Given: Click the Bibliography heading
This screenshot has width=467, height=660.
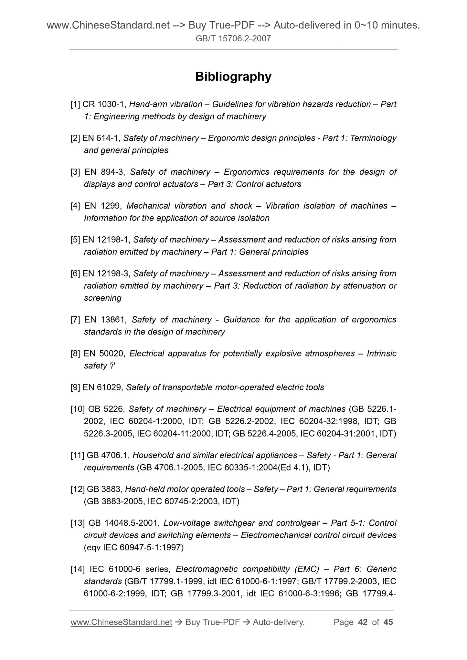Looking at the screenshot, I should (233, 77).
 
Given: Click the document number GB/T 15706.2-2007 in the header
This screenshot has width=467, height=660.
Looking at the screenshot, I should (233, 39).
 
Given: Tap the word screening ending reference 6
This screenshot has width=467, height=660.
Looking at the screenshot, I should (102, 298).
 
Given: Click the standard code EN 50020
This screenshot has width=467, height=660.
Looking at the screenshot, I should (104, 354).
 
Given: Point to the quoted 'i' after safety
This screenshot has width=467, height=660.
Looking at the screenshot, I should (112, 366).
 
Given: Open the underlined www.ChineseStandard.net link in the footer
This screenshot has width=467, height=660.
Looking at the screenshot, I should (121, 622).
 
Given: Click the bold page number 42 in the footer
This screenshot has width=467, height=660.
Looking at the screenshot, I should (363, 622).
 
